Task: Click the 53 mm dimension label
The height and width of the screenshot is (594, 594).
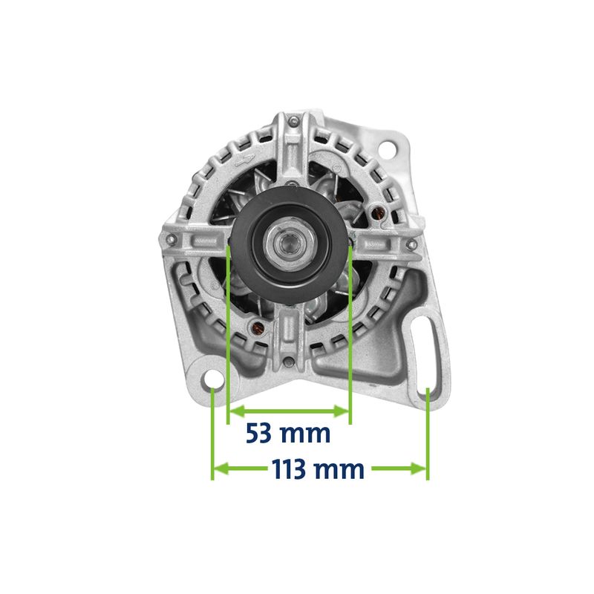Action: pyautogui.click(x=288, y=434)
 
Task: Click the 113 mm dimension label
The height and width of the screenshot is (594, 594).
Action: pyautogui.click(x=318, y=469)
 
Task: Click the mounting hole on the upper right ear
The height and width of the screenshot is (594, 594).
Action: pyautogui.click(x=387, y=147)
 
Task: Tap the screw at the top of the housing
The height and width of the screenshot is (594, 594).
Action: pyautogui.click(x=293, y=121)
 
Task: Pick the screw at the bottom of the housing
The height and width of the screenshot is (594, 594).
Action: pyautogui.click(x=289, y=362)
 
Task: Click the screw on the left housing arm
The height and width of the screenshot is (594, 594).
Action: pyautogui.click(x=171, y=239)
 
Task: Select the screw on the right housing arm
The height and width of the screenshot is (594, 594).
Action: pyautogui.click(x=411, y=244)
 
